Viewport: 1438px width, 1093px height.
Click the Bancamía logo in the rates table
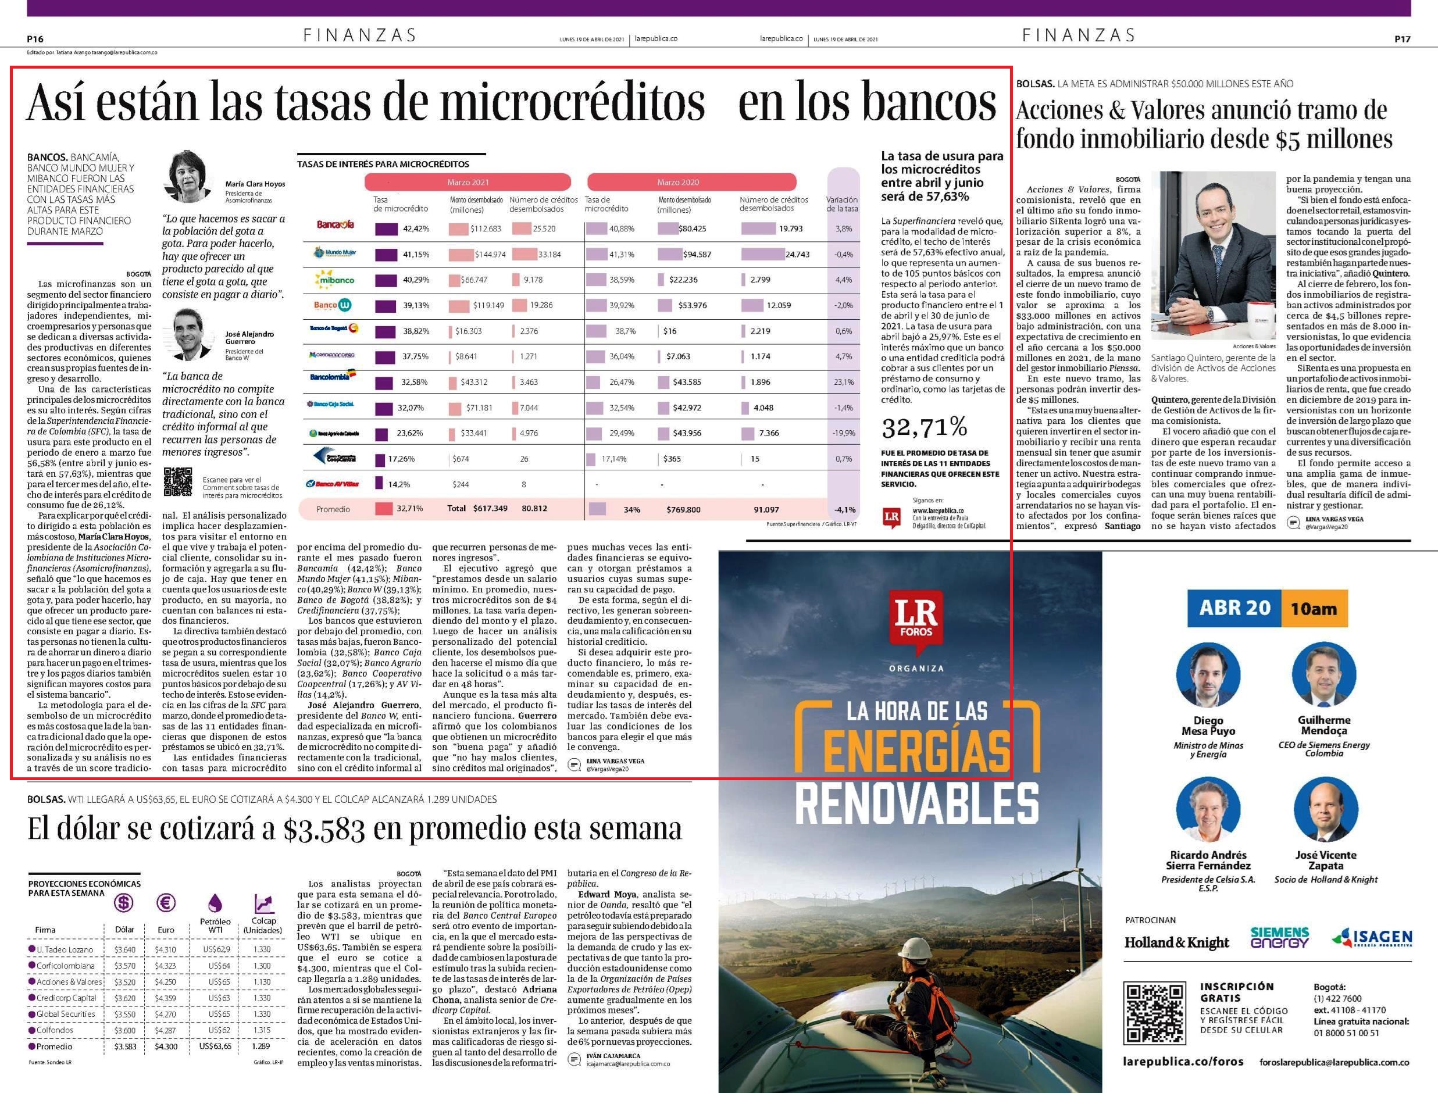pyautogui.click(x=335, y=224)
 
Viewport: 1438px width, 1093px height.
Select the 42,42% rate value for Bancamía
pyautogui.click(x=416, y=229)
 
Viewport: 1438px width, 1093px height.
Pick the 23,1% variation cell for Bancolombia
pyautogui.click(x=843, y=382)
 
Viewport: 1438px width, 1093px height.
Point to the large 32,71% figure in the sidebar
pyautogui.click(x=924, y=427)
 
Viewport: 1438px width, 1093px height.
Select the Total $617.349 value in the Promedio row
pyautogui.click(x=477, y=508)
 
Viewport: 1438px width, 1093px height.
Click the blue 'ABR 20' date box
pyautogui.click(x=1234, y=608)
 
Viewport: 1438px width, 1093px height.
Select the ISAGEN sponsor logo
pyautogui.click(x=1372, y=938)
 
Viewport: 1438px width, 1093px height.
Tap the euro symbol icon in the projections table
pyautogui.click(x=166, y=903)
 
